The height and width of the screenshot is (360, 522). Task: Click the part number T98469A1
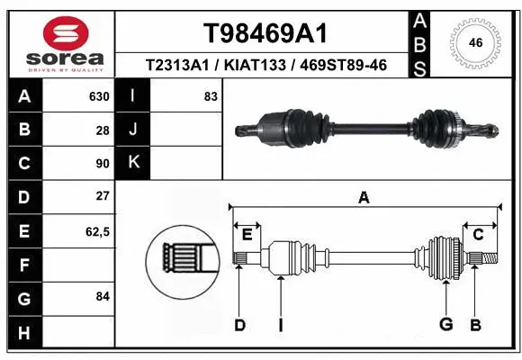click(265, 32)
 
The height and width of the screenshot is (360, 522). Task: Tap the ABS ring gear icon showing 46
click(475, 41)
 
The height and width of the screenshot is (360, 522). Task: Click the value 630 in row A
click(98, 96)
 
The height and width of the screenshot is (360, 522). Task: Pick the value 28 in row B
click(102, 130)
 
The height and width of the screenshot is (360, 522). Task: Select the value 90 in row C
click(102, 163)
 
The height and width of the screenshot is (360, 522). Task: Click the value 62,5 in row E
click(96, 230)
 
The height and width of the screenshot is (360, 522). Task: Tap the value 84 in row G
click(102, 295)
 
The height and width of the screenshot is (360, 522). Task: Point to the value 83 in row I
click(211, 96)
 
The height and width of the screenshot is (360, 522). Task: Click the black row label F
click(24, 265)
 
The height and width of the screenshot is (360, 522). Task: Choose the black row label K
click(134, 163)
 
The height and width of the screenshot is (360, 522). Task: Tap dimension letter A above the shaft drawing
click(364, 198)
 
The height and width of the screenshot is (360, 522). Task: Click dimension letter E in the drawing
click(247, 235)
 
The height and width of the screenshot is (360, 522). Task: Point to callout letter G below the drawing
click(445, 324)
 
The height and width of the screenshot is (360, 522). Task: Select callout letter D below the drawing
click(239, 324)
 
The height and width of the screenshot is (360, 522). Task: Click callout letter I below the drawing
click(281, 324)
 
